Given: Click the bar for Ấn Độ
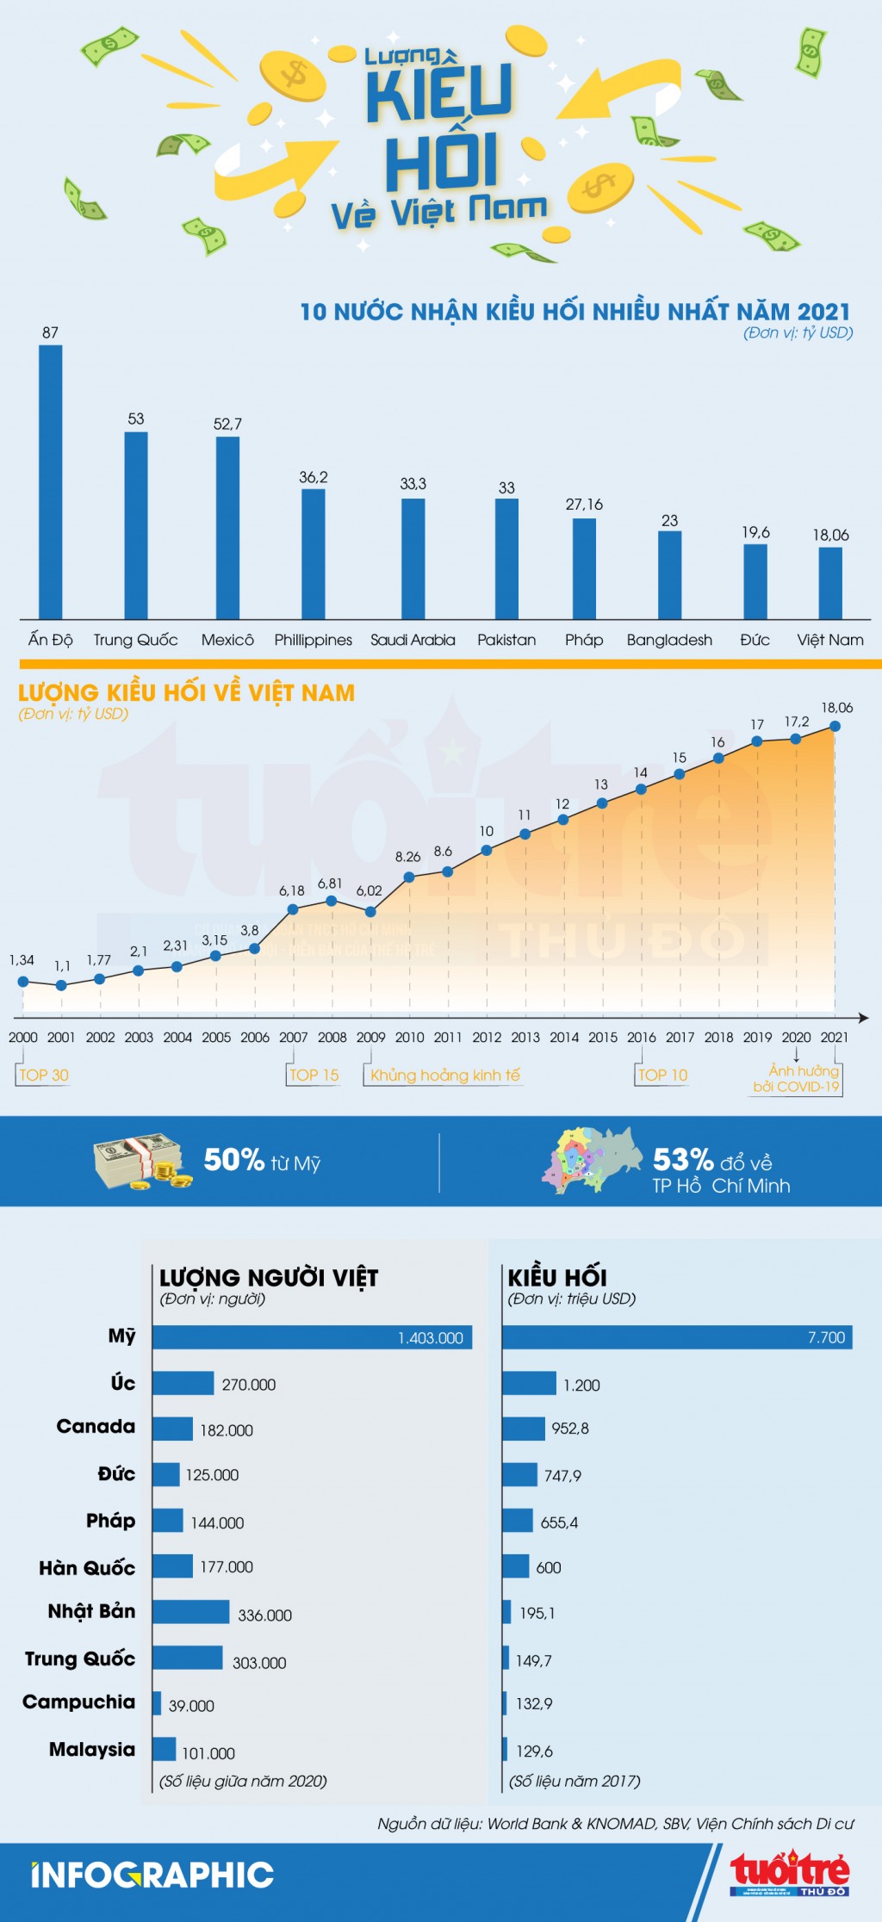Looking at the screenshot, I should coord(51,482).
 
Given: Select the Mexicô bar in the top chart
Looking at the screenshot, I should coord(227,527).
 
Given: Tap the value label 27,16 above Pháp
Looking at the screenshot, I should coord(584,505).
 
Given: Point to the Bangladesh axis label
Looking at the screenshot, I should coord(669,640).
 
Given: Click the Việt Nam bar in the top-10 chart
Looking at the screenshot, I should coord(830,583).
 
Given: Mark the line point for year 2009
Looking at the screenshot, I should coord(370,911).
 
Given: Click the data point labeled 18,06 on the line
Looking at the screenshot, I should coord(835,726).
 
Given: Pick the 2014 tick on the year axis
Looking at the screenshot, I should coord(564,1037).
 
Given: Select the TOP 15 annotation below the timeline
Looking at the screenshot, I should coord(314,1075).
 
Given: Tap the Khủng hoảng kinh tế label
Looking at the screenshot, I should coord(445,1075).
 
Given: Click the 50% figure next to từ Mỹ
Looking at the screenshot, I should coord(233,1160).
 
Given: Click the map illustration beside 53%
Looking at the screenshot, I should coord(593,1161).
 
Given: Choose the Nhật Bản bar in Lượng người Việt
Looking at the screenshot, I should coord(191,1612).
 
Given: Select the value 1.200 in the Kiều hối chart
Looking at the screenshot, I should coord(581,1385).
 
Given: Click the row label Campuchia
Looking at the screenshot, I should coord(79,1702).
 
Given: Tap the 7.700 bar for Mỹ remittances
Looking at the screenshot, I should coord(677,1337).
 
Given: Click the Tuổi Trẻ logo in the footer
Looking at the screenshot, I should coord(790,1874).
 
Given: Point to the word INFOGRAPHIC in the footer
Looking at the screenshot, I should coord(152,1875).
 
